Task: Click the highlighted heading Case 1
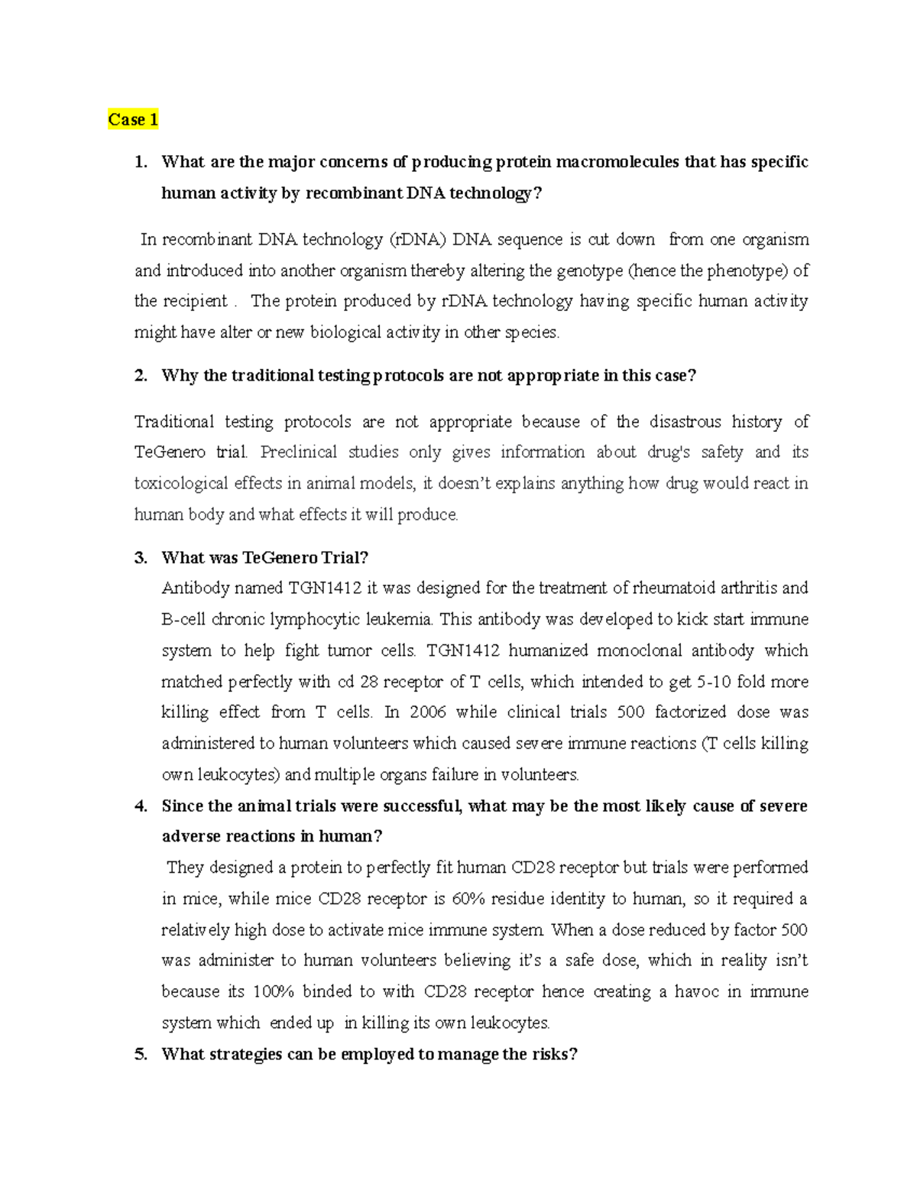pyautogui.click(x=133, y=120)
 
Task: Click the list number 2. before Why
pyautogui.click(x=141, y=376)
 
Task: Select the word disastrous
pyautogui.click(x=685, y=422)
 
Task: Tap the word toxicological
pyautogui.click(x=181, y=484)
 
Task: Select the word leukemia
pyautogui.click(x=399, y=619)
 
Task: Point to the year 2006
pyautogui.click(x=428, y=712)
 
